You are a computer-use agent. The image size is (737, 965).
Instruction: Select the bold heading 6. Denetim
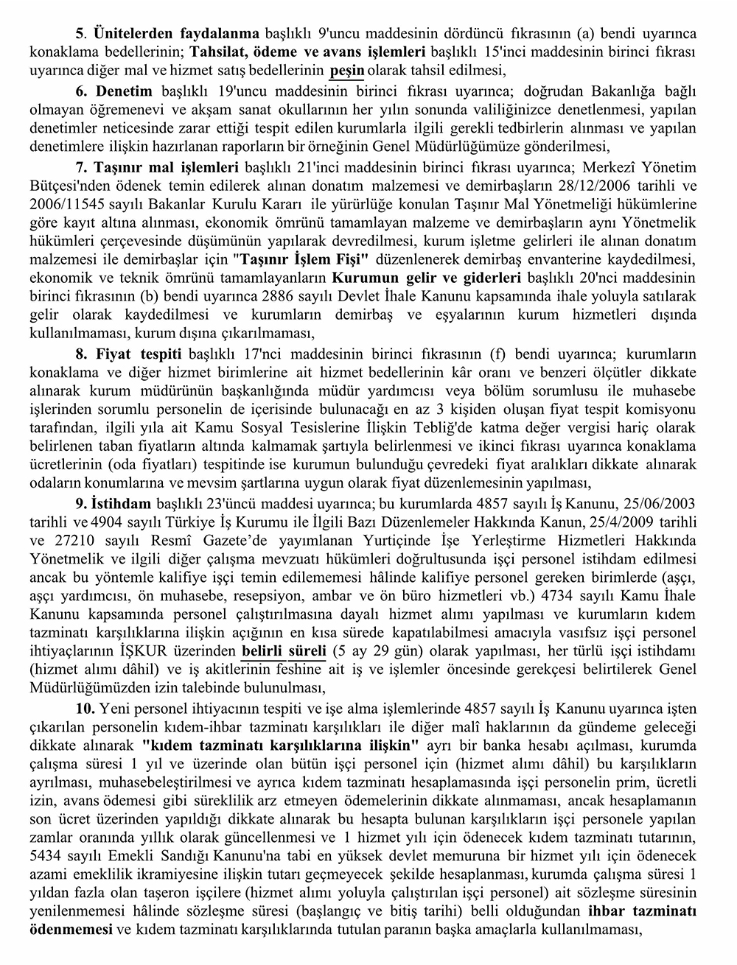point(114,91)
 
